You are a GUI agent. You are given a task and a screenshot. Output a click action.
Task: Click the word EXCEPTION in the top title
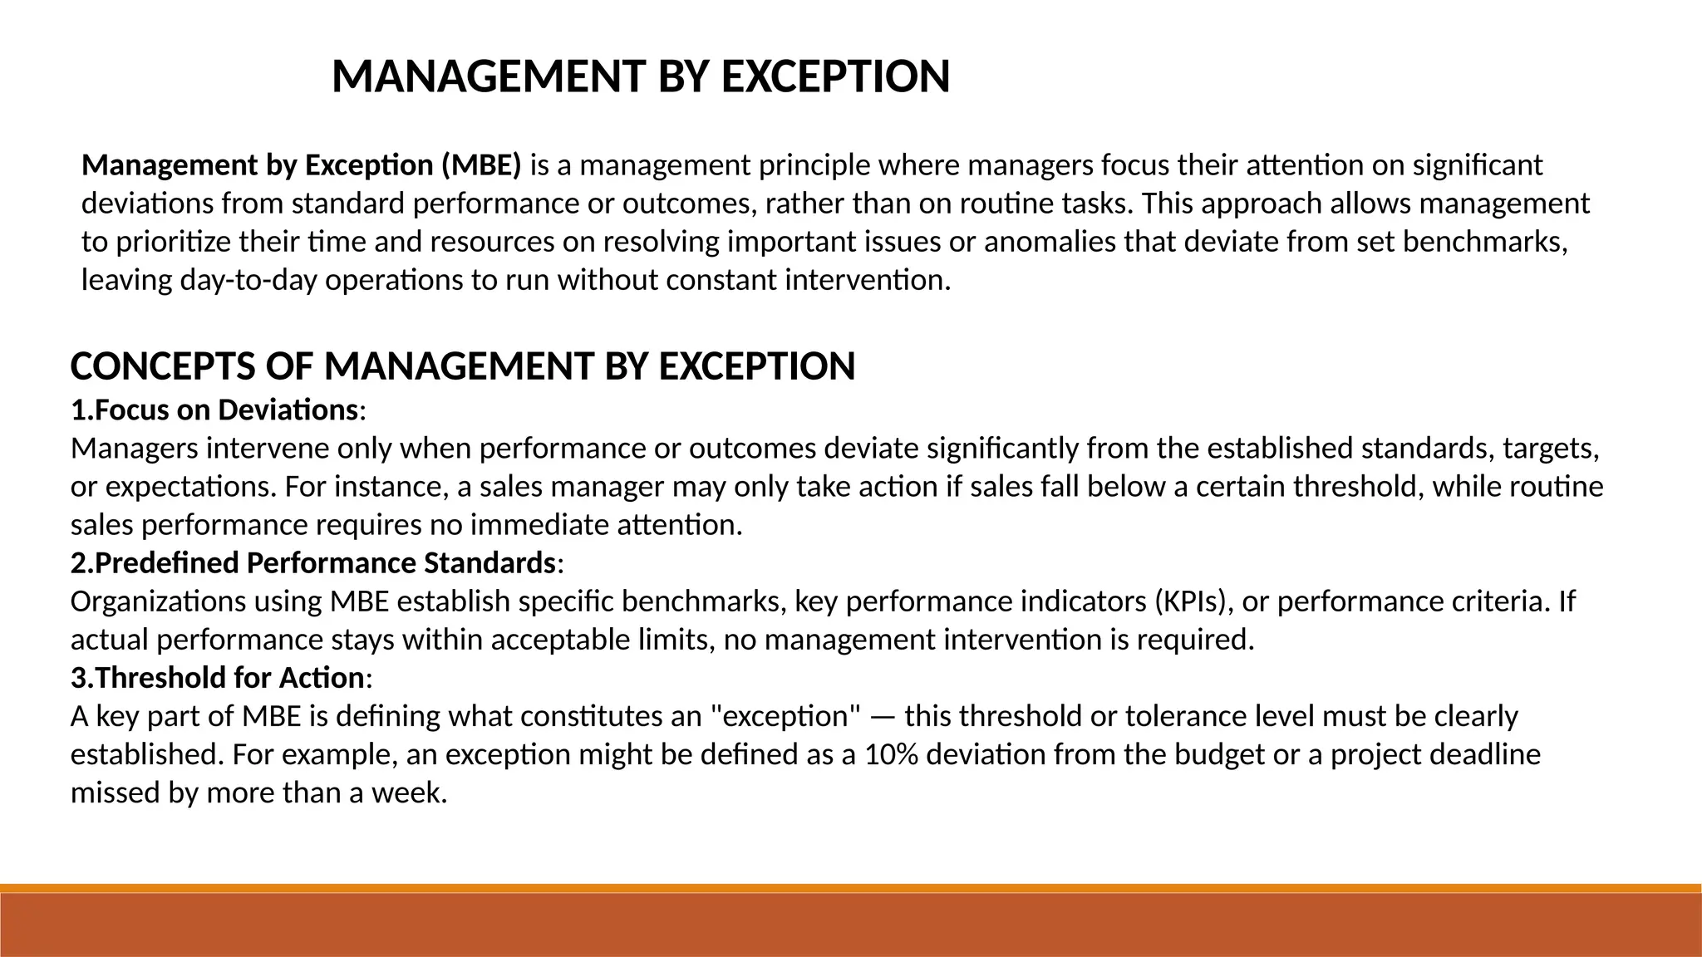835,77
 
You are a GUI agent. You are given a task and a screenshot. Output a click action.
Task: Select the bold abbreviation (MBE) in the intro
481,165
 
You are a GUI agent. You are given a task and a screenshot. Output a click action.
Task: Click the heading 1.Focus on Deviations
214,410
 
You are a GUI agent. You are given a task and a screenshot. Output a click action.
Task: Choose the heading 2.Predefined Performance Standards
313,563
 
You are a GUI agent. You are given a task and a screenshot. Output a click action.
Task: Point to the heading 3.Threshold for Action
218,678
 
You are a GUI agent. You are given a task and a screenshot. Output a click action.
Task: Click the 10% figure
892,754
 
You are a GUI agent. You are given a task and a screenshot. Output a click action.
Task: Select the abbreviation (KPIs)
1193,601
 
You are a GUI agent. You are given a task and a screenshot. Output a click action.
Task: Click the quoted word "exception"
786,716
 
